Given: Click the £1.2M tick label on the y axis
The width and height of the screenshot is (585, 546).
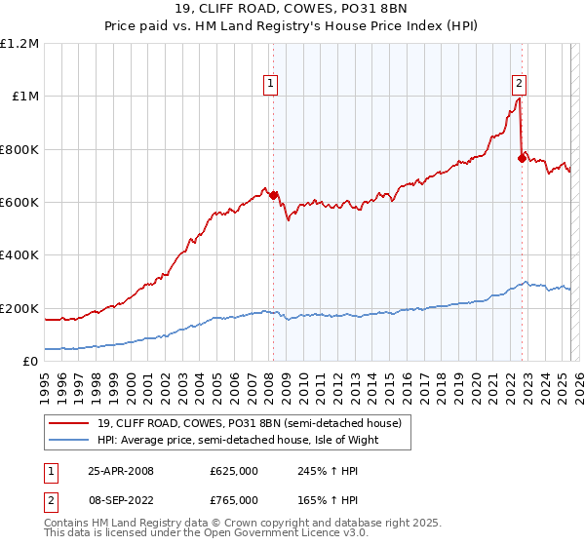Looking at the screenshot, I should point(19,44).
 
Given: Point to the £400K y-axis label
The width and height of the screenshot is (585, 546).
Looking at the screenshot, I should point(19,255).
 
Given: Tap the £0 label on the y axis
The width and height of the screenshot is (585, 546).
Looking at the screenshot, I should point(31,362).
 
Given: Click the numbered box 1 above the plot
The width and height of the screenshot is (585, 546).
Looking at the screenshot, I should point(269,84).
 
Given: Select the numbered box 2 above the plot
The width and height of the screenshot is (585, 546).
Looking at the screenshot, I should point(520,84).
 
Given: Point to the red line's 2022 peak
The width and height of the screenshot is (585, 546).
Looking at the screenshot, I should point(519,97).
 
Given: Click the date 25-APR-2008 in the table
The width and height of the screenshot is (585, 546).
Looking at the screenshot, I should point(121,471).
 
